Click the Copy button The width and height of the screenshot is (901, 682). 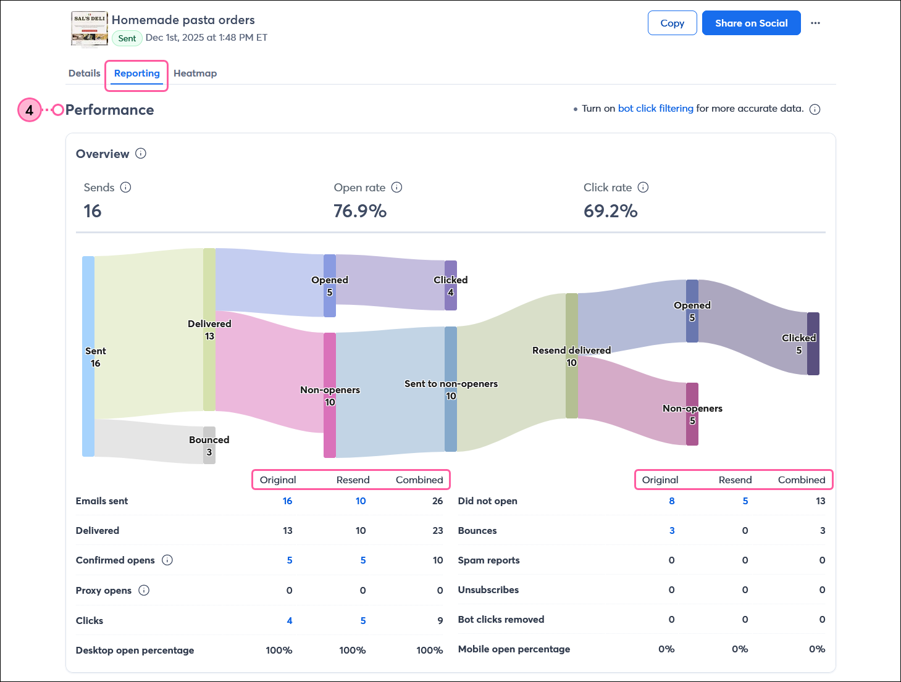pyautogui.click(x=672, y=23)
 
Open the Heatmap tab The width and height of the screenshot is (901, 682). pyautogui.click(x=195, y=73)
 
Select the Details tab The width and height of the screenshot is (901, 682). pyautogui.click(x=84, y=73)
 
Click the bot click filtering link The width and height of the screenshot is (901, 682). pyautogui.click(x=655, y=108)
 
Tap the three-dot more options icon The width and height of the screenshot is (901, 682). pyautogui.click(x=815, y=23)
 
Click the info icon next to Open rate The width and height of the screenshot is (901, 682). pyautogui.click(x=396, y=187)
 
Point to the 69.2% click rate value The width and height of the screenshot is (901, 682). pyautogui.click(x=610, y=211)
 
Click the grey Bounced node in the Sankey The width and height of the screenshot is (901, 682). pyautogui.click(x=209, y=445)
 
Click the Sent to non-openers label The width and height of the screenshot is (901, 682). pyautogui.click(x=451, y=383)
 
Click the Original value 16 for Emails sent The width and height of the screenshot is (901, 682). pyautogui.click(x=287, y=501)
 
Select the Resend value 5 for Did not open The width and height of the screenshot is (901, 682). pyautogui.click(x=745, y=501)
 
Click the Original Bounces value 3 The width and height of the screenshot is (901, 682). pyautogui.click(x=672, y=530)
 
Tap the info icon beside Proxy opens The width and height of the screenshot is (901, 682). pyautogui.click(x=144, y=590)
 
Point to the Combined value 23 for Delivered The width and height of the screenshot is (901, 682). pyautogui.click(x=437, y=530)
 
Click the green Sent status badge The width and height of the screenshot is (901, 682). pyautogui.click(x=127, y=38)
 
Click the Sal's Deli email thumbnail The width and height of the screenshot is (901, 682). pyautogui.click(x=90, y=28)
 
